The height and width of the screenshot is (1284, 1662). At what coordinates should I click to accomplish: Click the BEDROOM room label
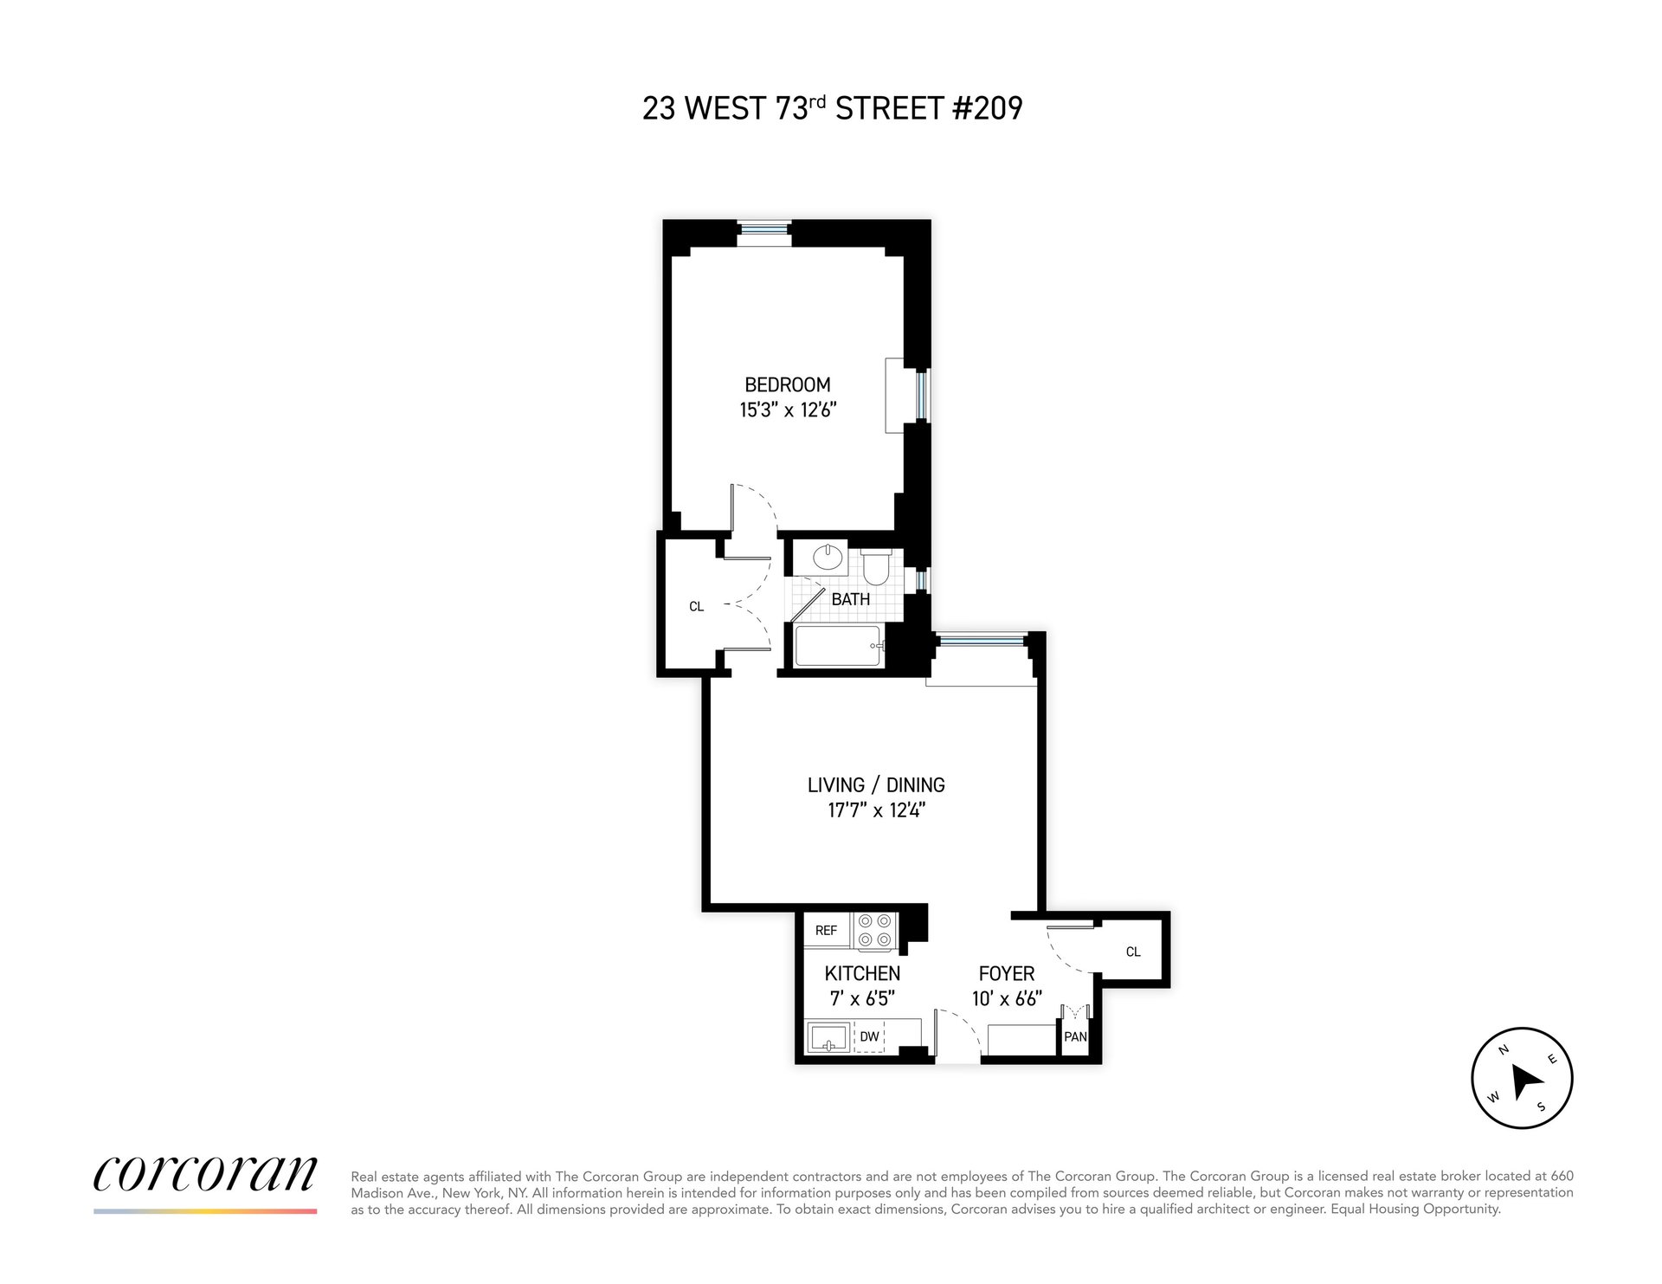pyautogui.click(x=788, y=384)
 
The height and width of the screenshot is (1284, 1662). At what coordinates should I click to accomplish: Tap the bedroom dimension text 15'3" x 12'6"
pyautogui.click(x=788, y=410)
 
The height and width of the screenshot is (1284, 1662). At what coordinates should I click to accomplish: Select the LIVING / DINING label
pyautogui.click(x=876, y=785)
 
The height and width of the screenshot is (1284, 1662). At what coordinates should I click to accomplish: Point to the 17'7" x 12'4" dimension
pyautogui.click(x=876, y=810)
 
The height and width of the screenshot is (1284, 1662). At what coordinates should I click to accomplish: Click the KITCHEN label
pyautogui.click(x=862, y=973)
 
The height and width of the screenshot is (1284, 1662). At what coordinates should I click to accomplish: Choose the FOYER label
pyautogui.click(x=1007, y=973)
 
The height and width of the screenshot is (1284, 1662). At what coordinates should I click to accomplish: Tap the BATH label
pyautogui.click(x=851, y=599)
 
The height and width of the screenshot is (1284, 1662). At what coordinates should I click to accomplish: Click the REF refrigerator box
pyautogui.click(x=827, y=931)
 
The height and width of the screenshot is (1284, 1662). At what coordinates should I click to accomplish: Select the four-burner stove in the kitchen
pyautogui.click(x=874, y=931)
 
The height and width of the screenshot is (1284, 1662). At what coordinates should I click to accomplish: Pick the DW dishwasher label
pyautogui.click(x=869, y=1036)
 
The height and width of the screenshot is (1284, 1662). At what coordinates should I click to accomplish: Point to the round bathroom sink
pyautogui.click(x=829, y=556)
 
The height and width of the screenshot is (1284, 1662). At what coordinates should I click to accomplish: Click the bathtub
pyautogui.click(x=838, y=647)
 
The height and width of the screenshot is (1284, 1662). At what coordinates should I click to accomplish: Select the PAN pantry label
pyautogui.click(x=1075, y=1036)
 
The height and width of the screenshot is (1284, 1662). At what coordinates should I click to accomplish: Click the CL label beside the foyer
pyautogui.click(x=1133, y=952)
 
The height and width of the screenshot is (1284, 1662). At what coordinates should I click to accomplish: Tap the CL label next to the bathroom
pyautogui.click(x=697, y=607)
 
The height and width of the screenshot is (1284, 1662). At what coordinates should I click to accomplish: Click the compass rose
pyautogui.click(x=1522, y=1078)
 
